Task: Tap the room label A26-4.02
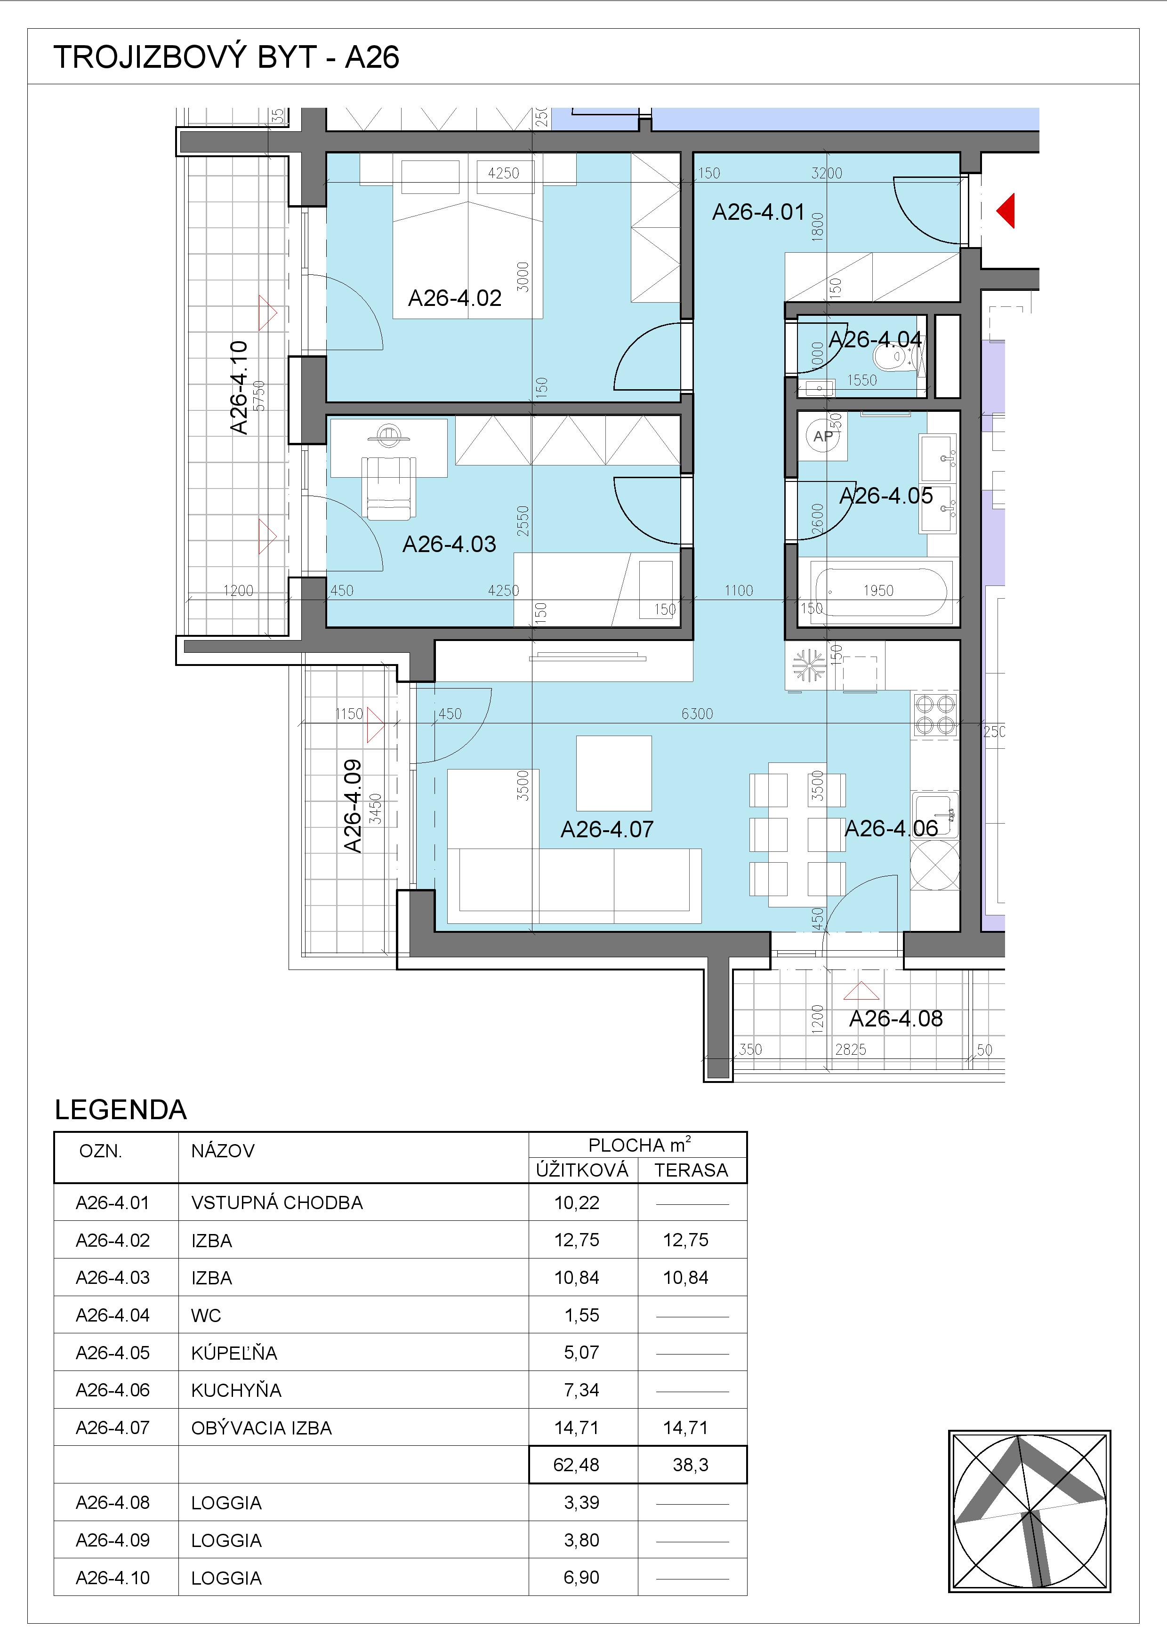coord(454,298)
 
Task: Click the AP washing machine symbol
coord(823,436)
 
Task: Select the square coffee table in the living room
coord(613,773)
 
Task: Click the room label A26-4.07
coord(607,830)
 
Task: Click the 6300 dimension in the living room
coord(697,714)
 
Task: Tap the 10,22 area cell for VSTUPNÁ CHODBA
coord(577,1203)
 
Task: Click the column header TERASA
coord(691,1170)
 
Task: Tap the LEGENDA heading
coord(121,1110)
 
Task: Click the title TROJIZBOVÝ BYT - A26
coord(226,57)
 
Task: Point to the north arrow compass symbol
coord(1030,1511)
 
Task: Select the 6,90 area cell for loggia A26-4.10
coord(582,1577)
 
